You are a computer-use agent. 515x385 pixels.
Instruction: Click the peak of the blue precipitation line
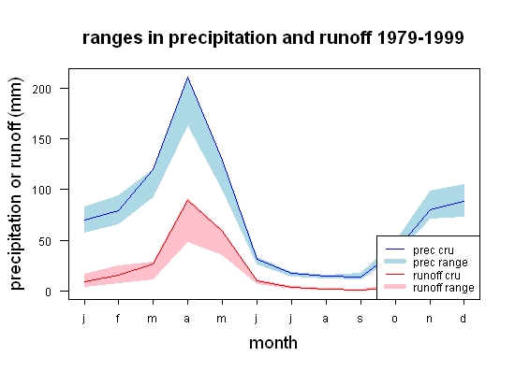(187, 78)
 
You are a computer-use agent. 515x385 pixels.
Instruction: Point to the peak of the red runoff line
(187, 200)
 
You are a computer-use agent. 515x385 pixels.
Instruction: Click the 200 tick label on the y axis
(42, 89)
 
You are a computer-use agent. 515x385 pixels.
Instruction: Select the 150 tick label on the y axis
(42, 140)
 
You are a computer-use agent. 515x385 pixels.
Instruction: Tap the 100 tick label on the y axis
(42, 191)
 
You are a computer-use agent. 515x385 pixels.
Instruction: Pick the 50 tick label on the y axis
(45, 241)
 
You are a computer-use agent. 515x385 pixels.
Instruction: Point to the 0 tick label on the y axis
(49, 292)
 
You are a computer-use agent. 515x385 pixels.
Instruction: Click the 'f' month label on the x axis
(118, 318)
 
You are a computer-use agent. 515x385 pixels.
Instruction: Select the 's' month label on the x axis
(360, 319)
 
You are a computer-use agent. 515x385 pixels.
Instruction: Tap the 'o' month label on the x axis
(395, 319)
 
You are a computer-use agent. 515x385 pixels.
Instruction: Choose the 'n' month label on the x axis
(429, 319)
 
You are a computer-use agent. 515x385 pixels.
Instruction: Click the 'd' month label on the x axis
(463, 318)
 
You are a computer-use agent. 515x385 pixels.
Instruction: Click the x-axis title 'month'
(273, 343)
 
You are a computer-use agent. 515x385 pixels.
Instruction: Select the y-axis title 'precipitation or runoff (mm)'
(16, 184)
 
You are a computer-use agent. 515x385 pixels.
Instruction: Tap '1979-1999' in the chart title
(420, 37)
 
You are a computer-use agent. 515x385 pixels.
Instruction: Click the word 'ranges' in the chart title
(112, 39)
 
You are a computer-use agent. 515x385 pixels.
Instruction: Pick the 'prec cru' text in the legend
(434, 250)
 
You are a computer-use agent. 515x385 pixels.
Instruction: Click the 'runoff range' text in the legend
(444, 288)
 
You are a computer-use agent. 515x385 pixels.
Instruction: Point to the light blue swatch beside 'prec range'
(395, 262)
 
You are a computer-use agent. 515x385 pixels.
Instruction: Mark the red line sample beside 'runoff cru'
(395, 274)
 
